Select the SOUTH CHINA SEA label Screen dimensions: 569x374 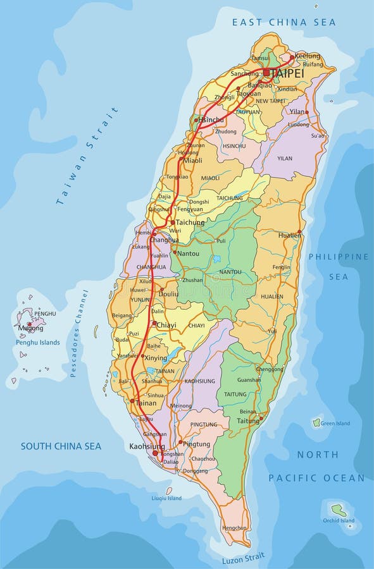(x=61, y=446)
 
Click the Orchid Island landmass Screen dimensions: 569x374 (x=339, y=509)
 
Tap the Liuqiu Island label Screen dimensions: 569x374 (x=166, y=498)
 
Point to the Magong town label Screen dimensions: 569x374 (x=31, y=328)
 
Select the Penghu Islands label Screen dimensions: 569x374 (x=38, y=343)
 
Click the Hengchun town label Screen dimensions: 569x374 (x=234, y=527)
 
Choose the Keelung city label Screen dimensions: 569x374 (x=308, y=56)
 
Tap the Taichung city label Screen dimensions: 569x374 (x=190, y=223)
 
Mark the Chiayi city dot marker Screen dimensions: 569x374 (x=153, y=323)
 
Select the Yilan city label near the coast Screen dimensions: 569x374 (x=297, y=111)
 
